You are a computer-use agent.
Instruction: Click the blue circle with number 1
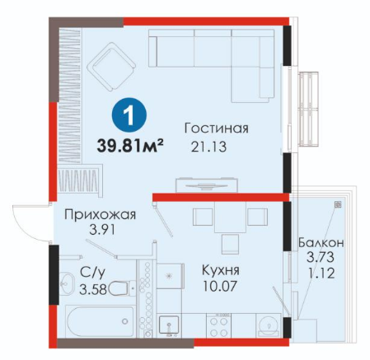(129, 116)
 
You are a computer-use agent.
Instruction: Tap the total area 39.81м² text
(130, 145)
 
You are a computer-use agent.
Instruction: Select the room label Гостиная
(216, 129)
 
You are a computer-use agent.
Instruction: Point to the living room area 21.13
(209, 147)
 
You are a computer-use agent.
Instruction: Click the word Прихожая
(100, 215)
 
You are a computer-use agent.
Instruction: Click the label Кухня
(221, 270)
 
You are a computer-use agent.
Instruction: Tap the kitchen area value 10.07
(220, 287)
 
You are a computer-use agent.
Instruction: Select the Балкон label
(321, 243)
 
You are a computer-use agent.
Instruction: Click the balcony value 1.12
(321, 274)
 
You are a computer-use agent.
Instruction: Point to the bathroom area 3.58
(93, 289)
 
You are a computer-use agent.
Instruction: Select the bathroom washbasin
(67, 283)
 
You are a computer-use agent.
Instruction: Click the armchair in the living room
(111, 67)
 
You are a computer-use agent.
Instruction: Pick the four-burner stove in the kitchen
(218, 325)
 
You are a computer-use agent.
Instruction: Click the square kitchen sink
(169, 326)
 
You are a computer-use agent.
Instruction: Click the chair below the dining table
(229, 245)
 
